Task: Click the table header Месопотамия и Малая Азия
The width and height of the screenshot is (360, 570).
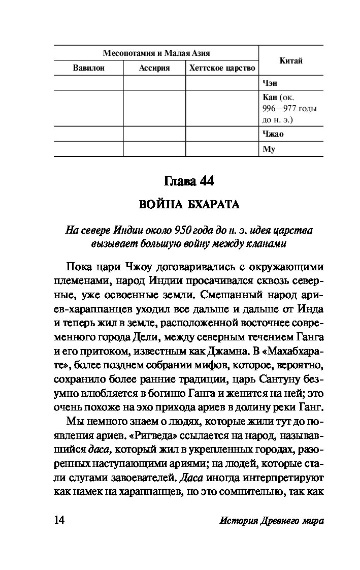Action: point(156,53)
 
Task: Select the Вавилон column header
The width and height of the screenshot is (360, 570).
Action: point(88,68)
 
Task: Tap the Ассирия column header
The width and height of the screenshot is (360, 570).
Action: point(154,68)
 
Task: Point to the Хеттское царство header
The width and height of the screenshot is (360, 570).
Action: point(222,68)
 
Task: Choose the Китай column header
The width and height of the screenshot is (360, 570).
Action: point(291,60)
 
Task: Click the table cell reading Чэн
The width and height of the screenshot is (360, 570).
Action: point(270,83)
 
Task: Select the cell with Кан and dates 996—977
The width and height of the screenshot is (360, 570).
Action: point(289,108)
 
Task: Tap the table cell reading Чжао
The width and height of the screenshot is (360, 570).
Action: point(273,134)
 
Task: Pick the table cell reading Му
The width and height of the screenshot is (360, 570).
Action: point(268,149)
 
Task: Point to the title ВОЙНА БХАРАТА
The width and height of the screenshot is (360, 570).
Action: point(189,205)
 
